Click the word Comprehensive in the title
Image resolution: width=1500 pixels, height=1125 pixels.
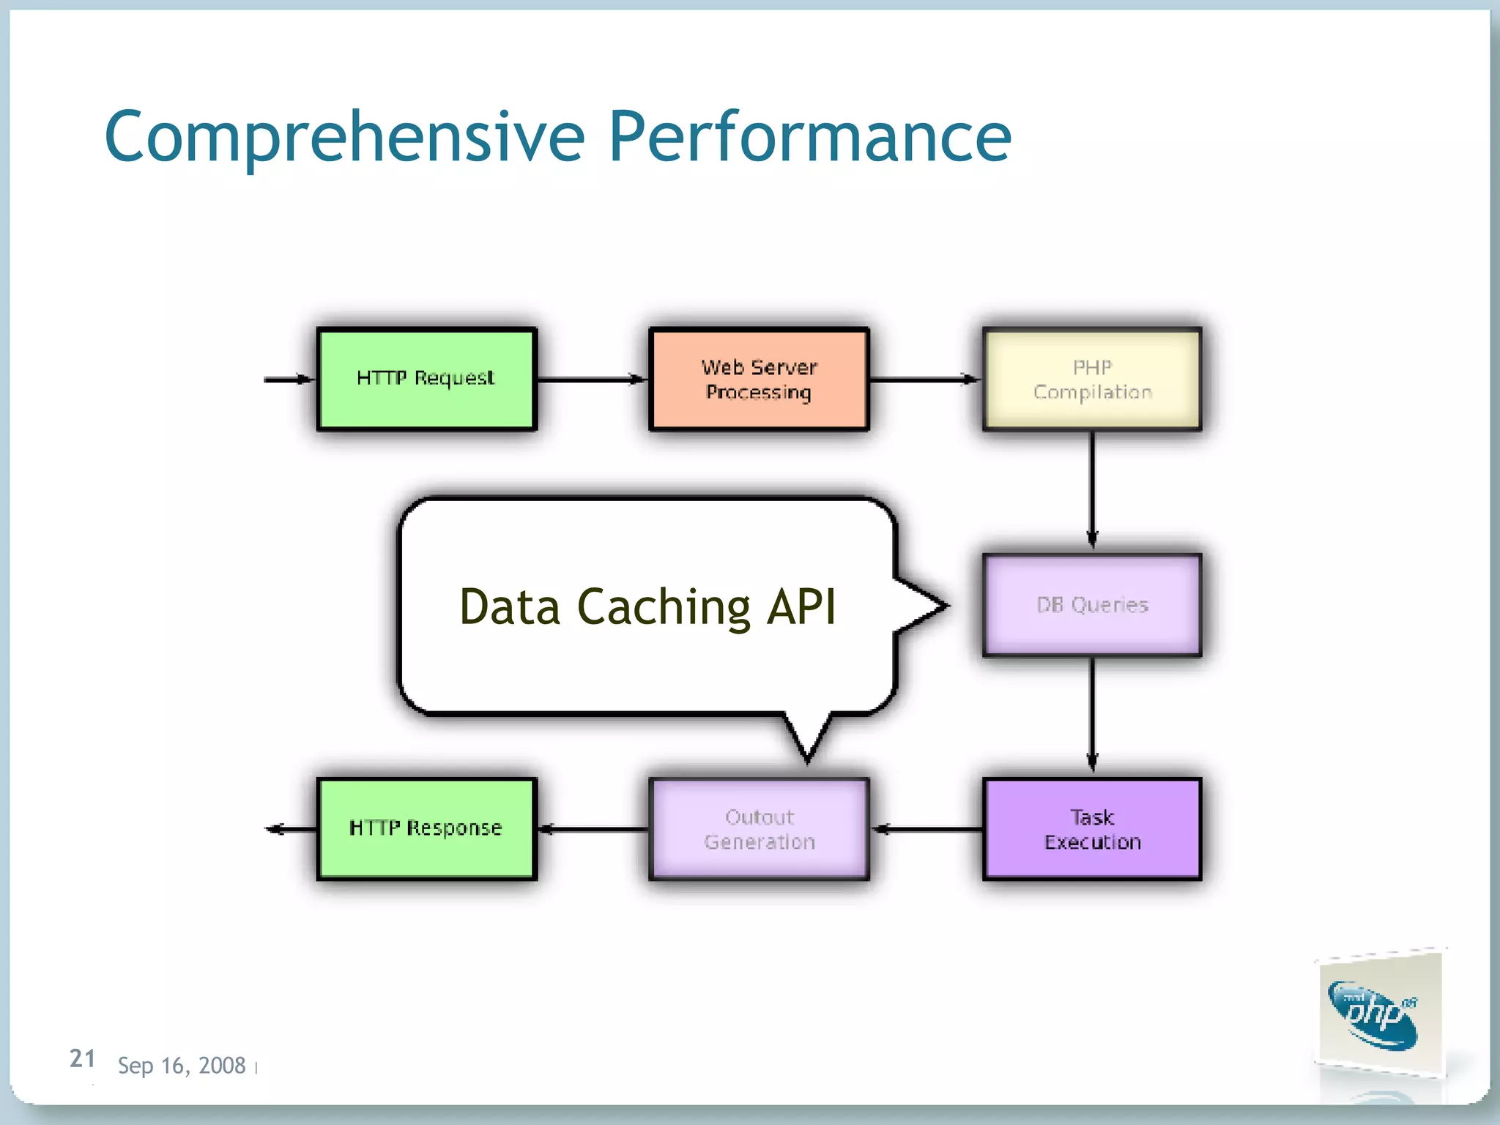coord(344,137)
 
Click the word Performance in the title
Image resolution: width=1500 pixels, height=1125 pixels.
coord(809,137)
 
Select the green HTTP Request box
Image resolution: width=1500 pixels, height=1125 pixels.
coord(426,379)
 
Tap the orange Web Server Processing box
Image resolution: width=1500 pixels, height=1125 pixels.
coord(759,379)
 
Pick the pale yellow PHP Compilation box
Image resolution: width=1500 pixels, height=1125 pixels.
coord(1092,379)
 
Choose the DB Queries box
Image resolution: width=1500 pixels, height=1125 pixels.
coord(1092,604)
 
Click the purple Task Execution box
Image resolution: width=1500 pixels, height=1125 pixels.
coord(1092,829)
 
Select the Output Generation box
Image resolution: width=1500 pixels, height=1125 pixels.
coord(759,829)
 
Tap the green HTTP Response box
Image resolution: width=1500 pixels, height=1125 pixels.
coord(426,829)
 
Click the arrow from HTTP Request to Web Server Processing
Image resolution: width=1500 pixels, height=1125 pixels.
coord(592,379)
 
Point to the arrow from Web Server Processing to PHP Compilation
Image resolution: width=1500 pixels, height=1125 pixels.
coord(924,379)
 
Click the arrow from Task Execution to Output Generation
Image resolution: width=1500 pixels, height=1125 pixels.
coord(926,829)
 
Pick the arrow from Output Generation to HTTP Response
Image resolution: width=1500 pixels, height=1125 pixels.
coord(593,829)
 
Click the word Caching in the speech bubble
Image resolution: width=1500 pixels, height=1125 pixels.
coord(664,607)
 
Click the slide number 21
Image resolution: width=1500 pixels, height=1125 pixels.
coord(82,1058)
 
